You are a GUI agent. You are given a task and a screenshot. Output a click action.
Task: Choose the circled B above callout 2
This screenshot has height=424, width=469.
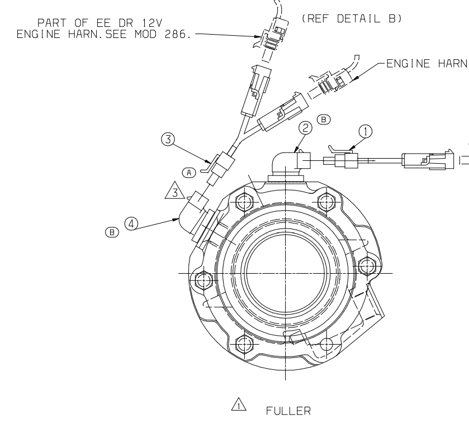(x=323, y=120)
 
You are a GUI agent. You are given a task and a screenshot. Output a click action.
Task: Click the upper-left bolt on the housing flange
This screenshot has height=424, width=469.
(x=241, y=199)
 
